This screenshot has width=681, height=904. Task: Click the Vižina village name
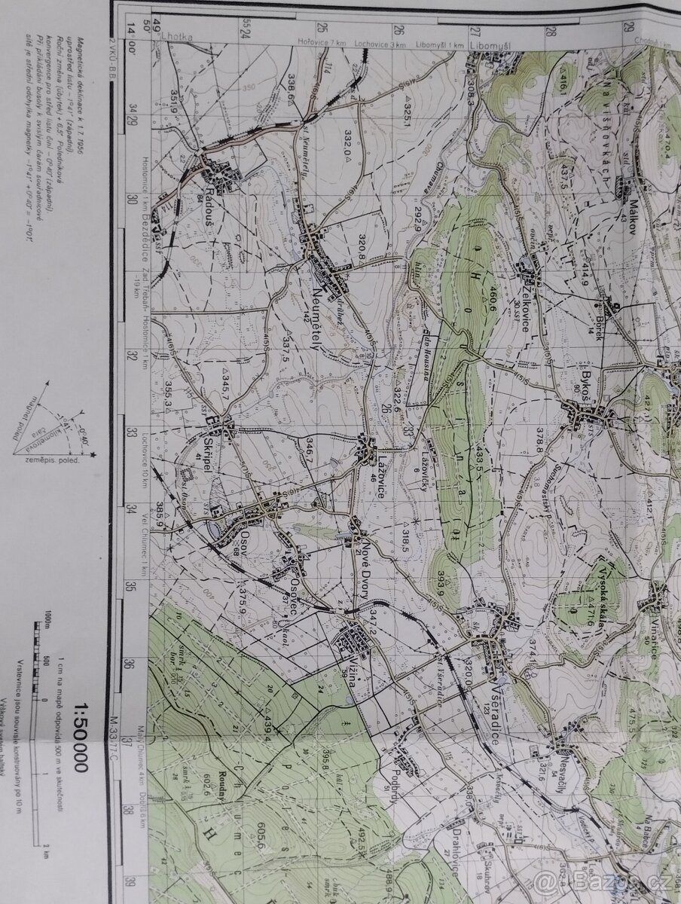click(x=348, y=675)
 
